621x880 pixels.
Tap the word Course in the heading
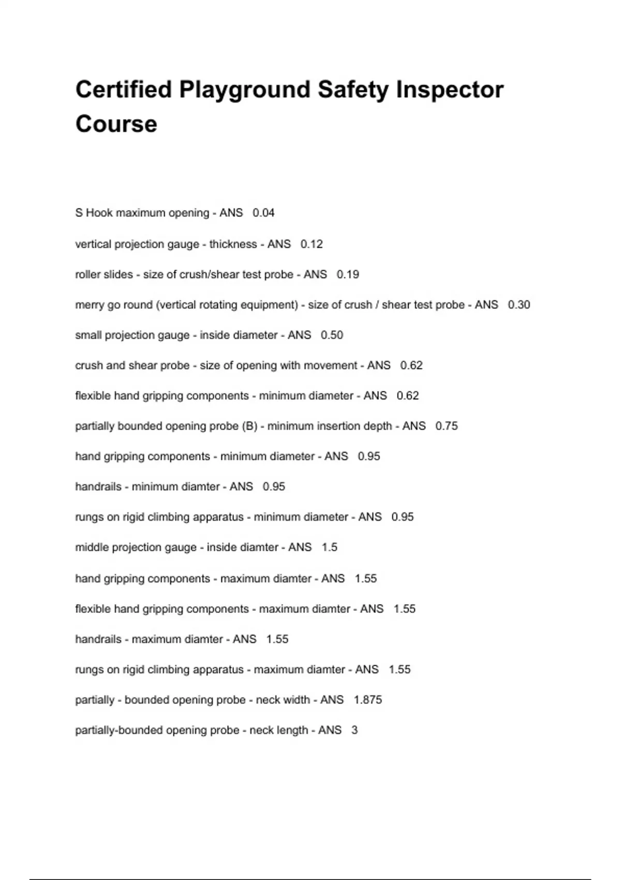click(x=116, y=124)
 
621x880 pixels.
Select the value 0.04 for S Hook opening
click(x=263, y=213)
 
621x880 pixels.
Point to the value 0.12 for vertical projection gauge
click(x=312, y=244)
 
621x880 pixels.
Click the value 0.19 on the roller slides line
click(x=348, y=274)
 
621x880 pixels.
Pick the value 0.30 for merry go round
click(x=519, y=305)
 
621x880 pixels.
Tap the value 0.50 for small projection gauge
click(x=332, y=335)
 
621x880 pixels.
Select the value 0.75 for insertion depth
click(x=447, y=426)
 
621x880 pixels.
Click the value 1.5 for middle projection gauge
click(x=329, y=547)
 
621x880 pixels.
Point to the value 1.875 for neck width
click(x=368, y=700)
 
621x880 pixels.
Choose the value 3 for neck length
click(x=354, y=730)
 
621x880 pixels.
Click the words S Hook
click(x=94, y=213)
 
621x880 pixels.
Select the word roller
click(x=88, y=274)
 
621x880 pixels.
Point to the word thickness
click(x=233, y=244)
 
